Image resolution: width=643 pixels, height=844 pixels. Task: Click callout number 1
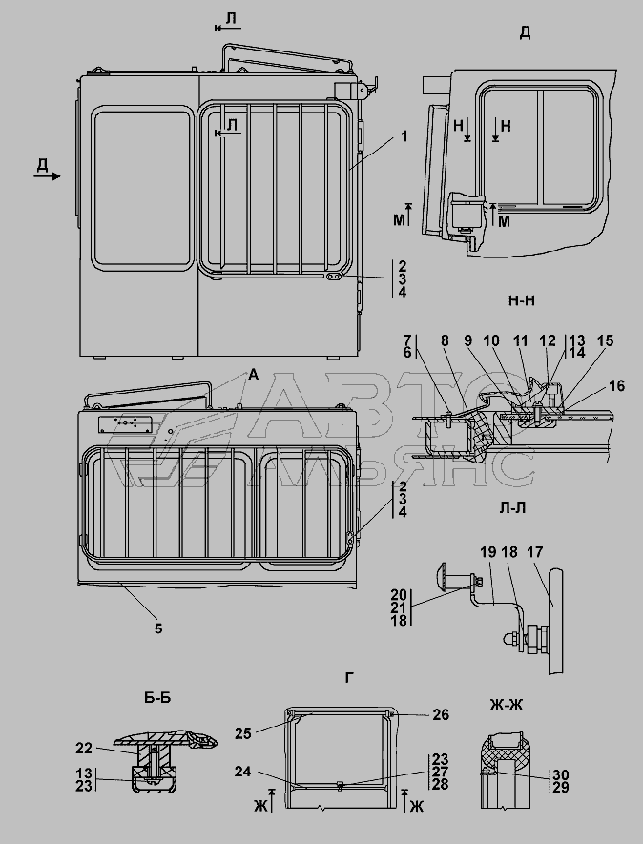tap(404, 136)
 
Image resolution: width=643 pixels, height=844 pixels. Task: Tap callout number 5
tap(159, 628)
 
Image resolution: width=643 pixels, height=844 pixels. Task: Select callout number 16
tap(616, 385)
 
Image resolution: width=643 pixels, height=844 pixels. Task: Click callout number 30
tap(561, 774)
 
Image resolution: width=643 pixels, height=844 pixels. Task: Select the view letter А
tap(253, 376)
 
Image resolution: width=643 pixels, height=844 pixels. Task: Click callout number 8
tap(445, 340)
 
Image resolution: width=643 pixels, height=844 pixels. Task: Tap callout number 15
tap(605, 340)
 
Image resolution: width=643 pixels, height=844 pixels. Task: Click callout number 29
tap(561, 789)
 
